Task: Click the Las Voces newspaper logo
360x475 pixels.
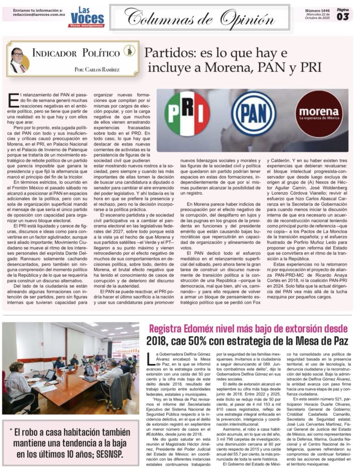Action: (x=87, y=17)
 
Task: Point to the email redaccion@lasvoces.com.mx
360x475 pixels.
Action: (x=39, y=15)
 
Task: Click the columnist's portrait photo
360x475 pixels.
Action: (x=18, y=60)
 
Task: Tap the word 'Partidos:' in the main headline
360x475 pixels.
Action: (x=167, y=52)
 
